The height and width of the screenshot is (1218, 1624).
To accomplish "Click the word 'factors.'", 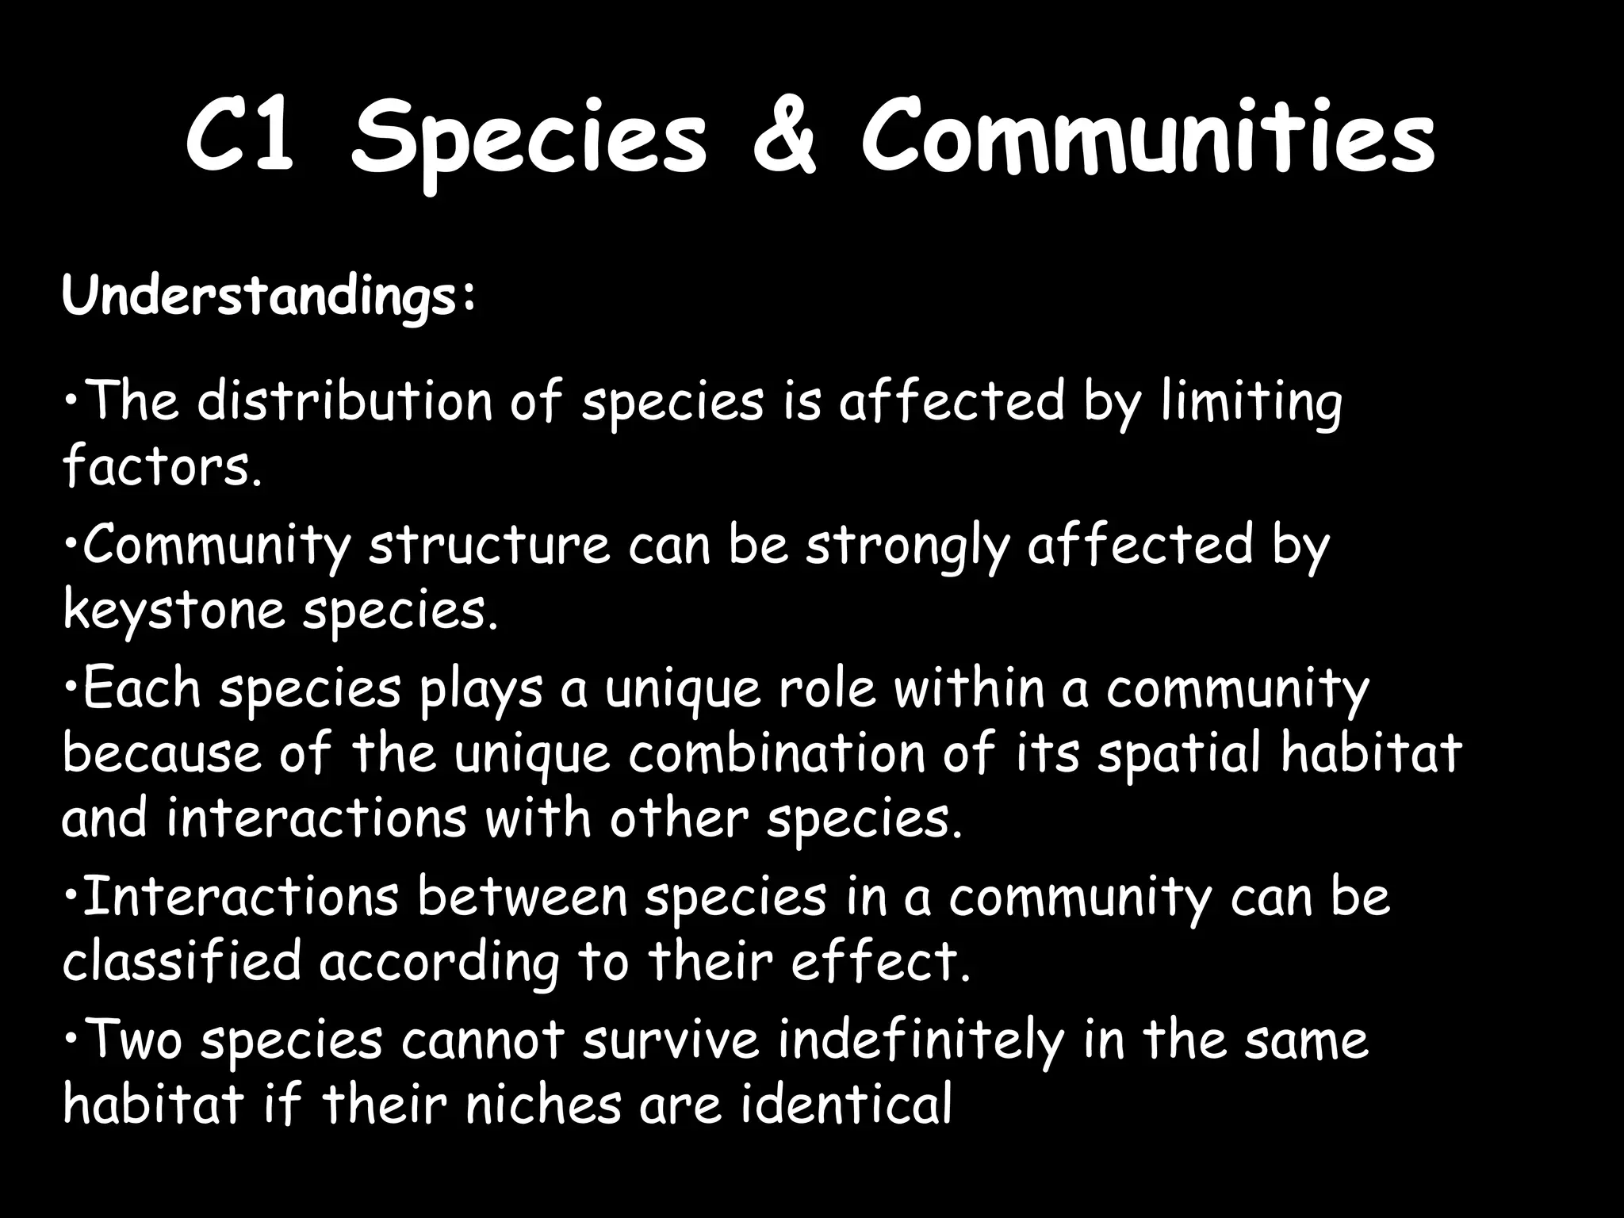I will click(162, 465).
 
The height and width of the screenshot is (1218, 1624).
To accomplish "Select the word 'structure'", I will click(488, 545).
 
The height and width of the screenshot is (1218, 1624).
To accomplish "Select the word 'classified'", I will click(182, 961).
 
